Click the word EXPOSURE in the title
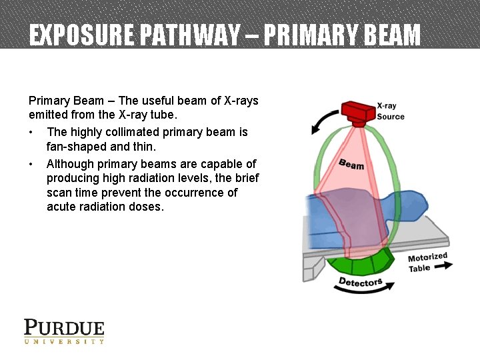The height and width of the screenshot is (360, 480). tap(72, 35)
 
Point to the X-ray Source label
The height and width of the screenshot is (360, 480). tap(390, 111)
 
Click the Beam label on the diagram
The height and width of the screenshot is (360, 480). tap(351, 164)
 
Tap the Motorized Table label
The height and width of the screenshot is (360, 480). tap(427, 262)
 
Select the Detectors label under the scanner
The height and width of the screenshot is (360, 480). tap(360, 281)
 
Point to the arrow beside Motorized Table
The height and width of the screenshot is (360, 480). tap(444, 265)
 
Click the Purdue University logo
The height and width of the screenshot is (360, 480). tap(64, 331)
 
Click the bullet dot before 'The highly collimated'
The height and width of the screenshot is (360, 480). tap(32, 132)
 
